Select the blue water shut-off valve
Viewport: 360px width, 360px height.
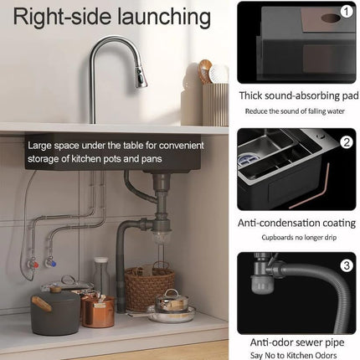click(x=50, y=262)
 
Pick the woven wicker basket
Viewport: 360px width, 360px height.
click(x=148, y=286)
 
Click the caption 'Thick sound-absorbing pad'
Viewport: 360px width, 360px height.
click(x=297, y=97)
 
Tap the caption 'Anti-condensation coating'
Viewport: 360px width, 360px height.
click(x=297, y=222)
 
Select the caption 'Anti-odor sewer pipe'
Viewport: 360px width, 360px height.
click(x=297, y=341)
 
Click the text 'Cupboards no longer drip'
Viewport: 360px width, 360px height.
click(x=297, y=237)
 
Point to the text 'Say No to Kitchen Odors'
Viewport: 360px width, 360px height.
click(x=297, y=354)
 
